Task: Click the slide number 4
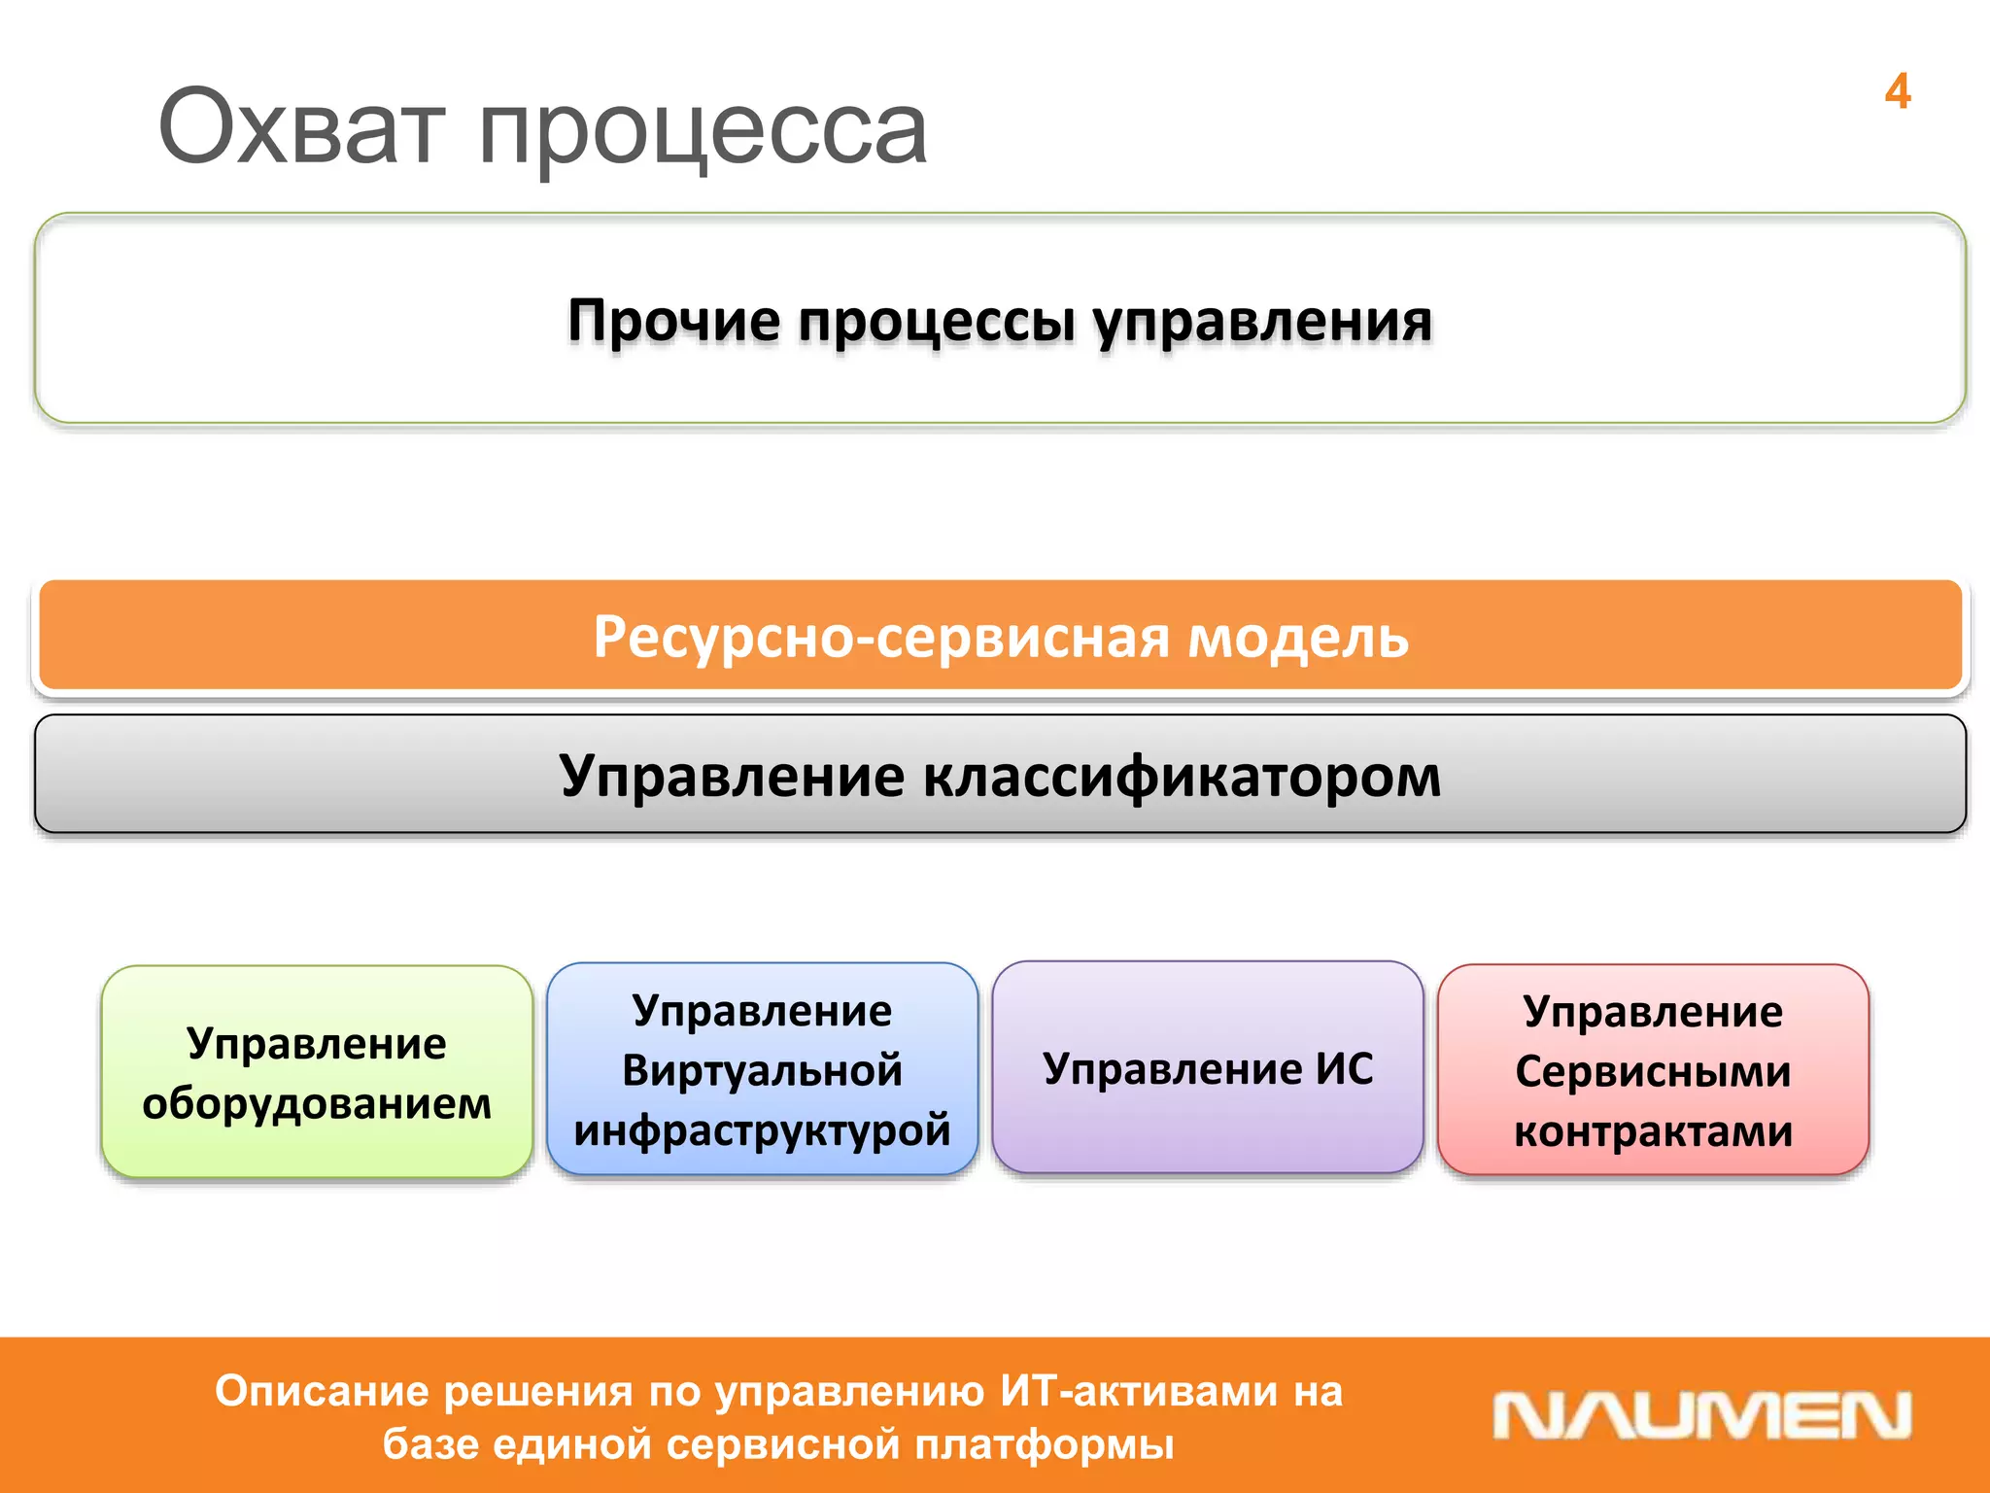coord(1897,92)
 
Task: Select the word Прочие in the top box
coord(673,321)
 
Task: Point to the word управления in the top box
coord(1261,323)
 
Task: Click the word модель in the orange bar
coord(1298,638)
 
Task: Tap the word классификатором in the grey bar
coord(1181,777)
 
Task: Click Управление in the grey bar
coord(731,777)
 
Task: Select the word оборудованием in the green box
coord(317,1103)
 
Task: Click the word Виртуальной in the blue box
coord(762,1070)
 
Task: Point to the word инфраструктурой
coord(762,1130)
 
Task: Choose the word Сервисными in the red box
coord(1653,1071)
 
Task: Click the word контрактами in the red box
coord(1653,1131)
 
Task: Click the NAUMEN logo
coord(1701,1415)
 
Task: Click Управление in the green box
coord(317,1043)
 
